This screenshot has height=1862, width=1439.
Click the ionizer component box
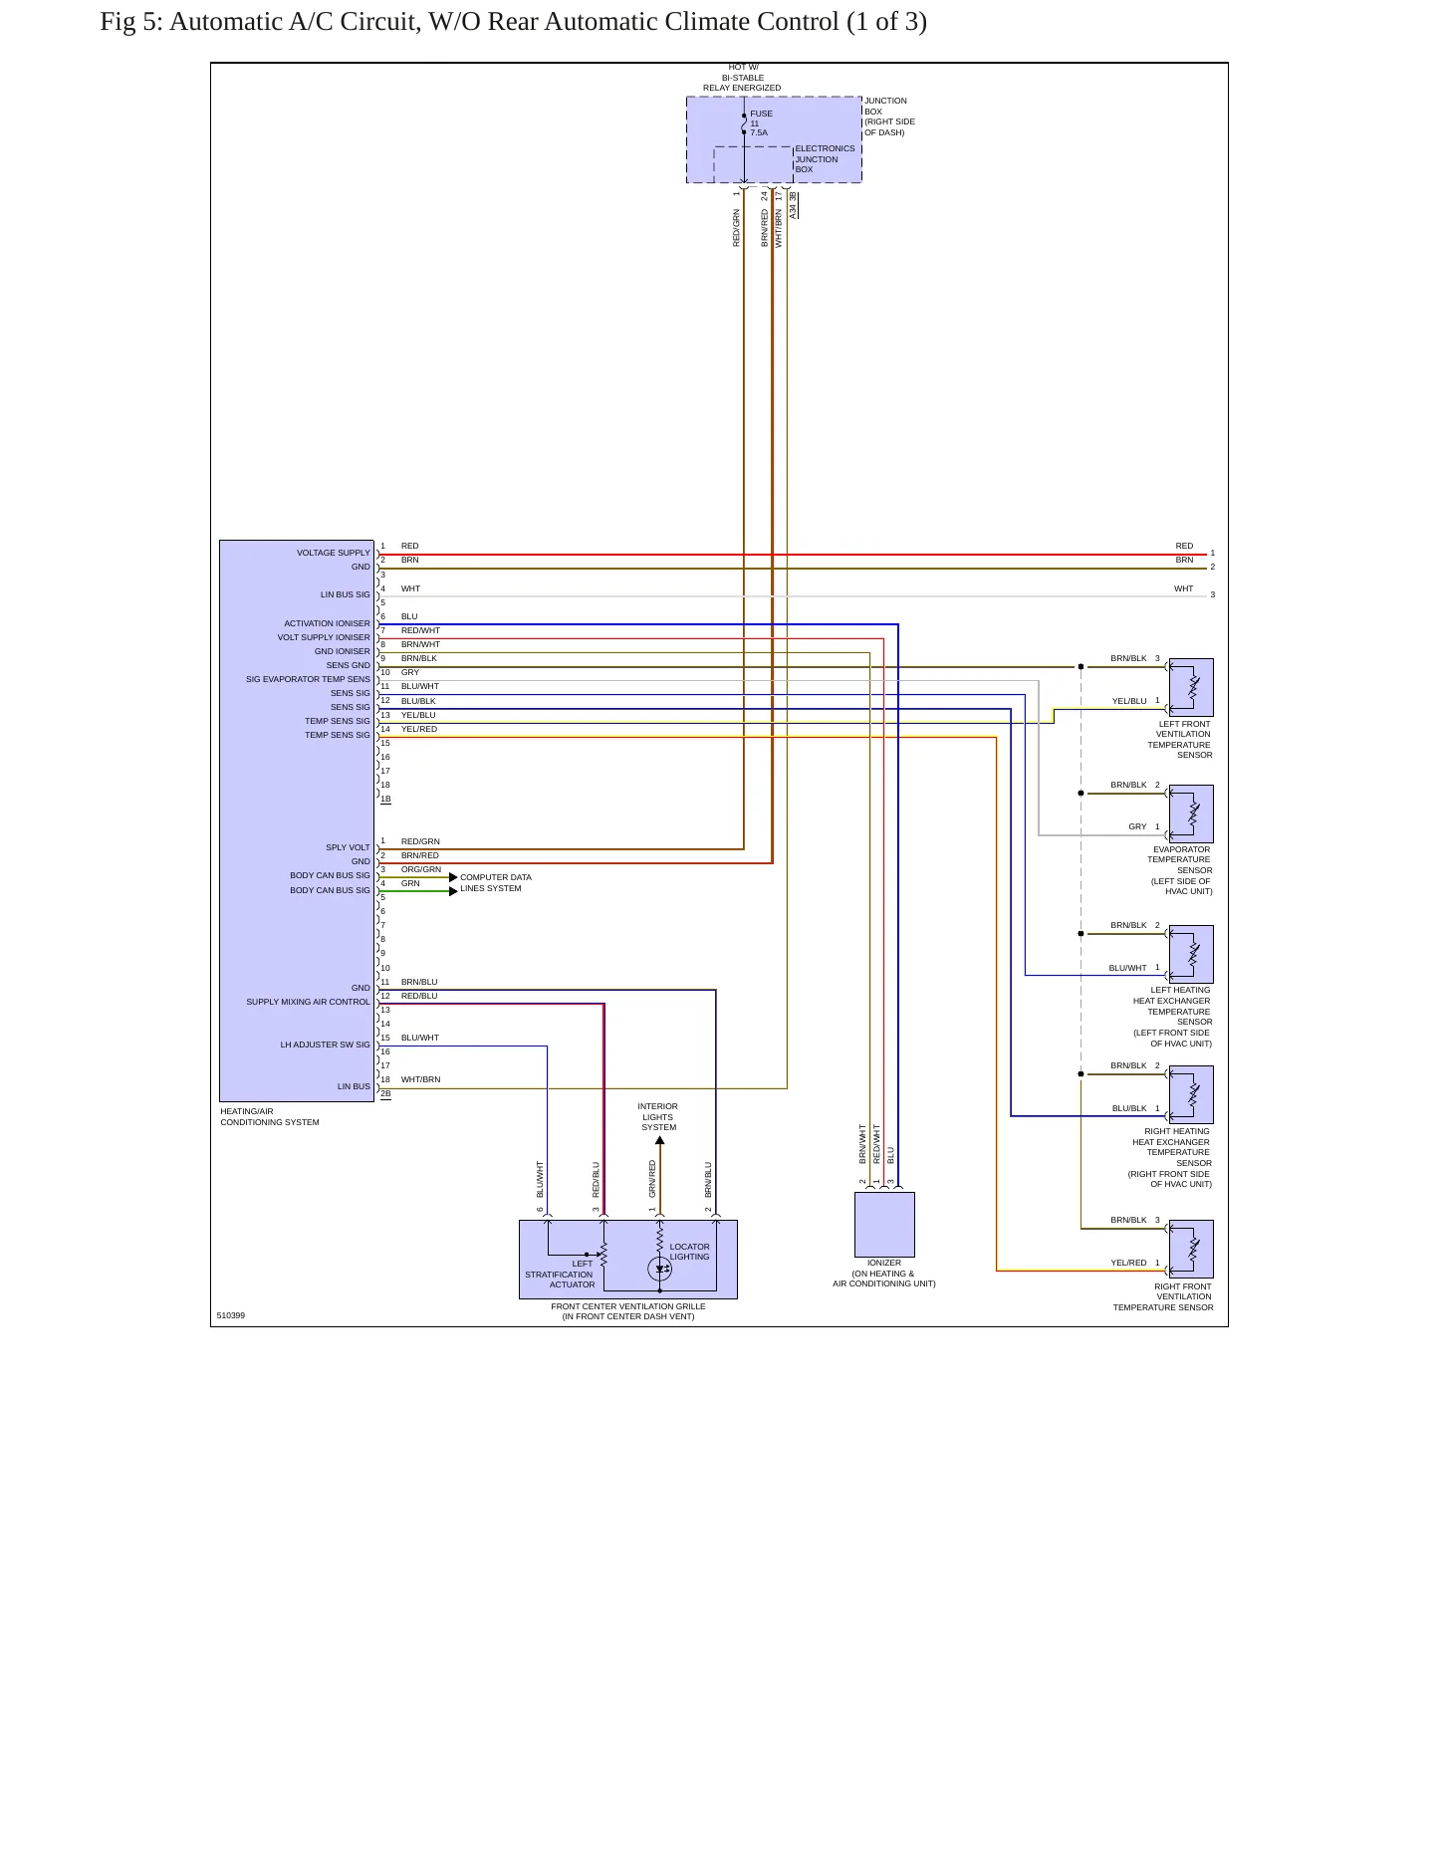pos(884,1224)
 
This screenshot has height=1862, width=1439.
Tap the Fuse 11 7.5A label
pos(761,123)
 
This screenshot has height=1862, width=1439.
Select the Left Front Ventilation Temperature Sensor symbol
pos(1191,687)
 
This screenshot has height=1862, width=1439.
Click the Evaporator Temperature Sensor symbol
pos(1191,814)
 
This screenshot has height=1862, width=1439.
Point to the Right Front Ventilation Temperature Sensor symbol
pos(1191,1249)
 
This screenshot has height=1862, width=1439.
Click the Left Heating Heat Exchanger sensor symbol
pos(1191,954)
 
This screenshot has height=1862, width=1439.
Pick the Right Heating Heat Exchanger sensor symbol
pos(1191,1094)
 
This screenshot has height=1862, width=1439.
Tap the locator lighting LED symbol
pos(659,1269)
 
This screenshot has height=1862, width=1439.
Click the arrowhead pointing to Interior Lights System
pos(659,1141)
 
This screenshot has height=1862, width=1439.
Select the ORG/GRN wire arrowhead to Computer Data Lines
pos(453,877)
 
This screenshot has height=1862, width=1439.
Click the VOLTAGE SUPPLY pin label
pos(333,553)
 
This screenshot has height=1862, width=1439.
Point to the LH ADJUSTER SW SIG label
pos(325,1045)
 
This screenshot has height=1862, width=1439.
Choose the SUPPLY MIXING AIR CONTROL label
pos(308,1002)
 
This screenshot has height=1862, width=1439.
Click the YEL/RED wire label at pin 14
pos(419,729)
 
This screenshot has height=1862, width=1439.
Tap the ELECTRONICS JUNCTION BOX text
pos(825,159)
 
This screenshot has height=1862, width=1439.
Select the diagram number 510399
pos(231,1315)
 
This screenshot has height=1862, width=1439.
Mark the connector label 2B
pos(385,1093)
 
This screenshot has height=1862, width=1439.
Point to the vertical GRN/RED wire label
pos(653,1179)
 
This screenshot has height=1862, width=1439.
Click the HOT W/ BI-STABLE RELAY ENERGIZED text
pos(742,78)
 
